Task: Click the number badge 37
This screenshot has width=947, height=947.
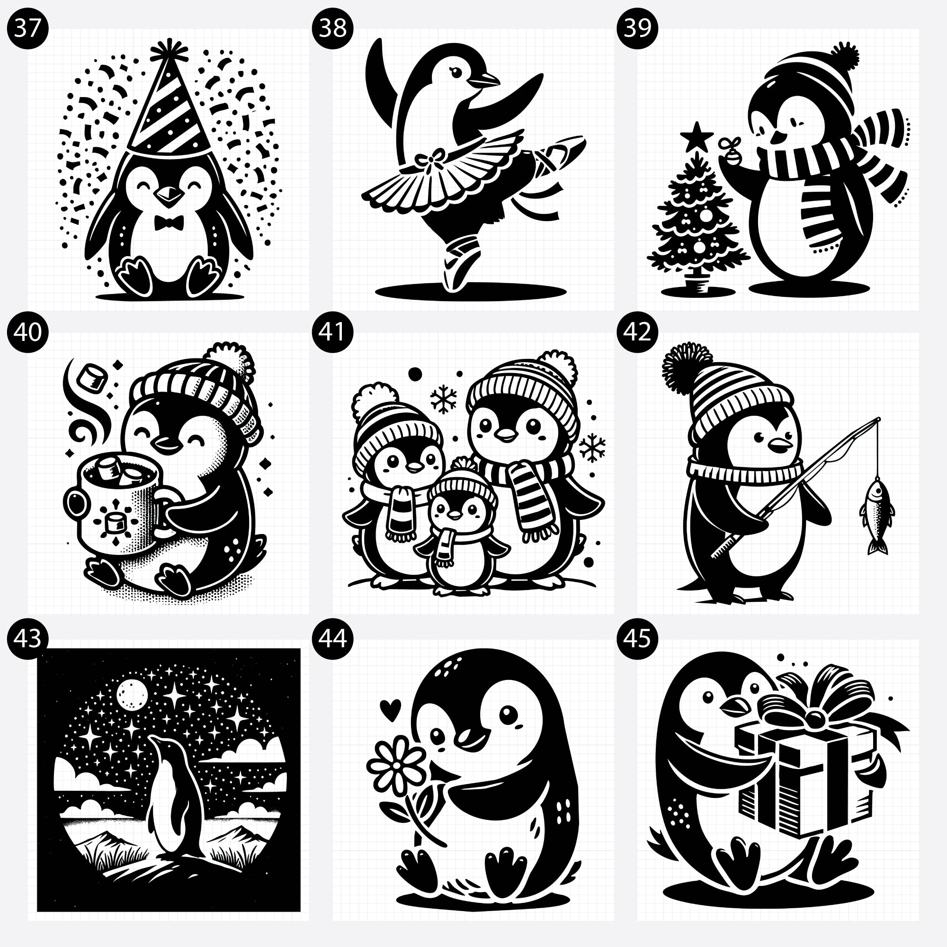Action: (27, 27)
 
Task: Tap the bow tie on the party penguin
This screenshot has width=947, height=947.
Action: (169, 223)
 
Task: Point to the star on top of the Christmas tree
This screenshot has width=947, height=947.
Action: (697, 138)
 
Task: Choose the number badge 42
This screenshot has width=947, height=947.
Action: (637, 332)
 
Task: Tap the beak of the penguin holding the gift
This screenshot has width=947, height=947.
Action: (734, 708)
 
